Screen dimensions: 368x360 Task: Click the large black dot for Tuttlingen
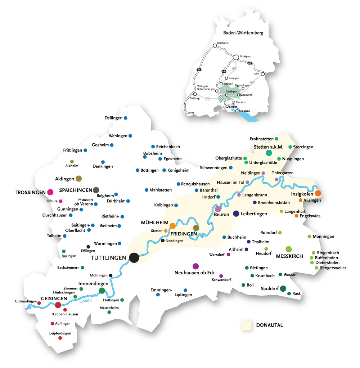click(x=134, y=257)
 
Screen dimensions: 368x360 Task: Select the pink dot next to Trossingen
click(x=50, y=192)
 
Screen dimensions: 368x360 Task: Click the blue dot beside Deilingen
click(x=126, y=118)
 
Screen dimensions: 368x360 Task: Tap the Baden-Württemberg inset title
click(x=241, y=33)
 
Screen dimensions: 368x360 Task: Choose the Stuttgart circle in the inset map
click(x=237, y=57)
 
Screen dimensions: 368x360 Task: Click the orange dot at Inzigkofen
click(x=318, y=193)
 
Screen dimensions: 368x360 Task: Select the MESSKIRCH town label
click(x=289, y=257)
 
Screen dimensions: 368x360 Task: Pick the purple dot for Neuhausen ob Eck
click(x=195, y=266)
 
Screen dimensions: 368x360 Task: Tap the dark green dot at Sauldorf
click(x=283, y=288)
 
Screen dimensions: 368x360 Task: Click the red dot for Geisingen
click(x=58, y=305)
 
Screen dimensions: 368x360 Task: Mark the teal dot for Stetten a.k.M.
click(x=269, y=153)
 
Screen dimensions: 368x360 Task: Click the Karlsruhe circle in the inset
click(x=215, y=46)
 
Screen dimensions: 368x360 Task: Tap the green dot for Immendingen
click(x=102, y=291)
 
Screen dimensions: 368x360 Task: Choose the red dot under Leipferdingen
click(x=60, y=338)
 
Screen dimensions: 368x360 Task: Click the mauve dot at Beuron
click(x=217, y=208)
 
